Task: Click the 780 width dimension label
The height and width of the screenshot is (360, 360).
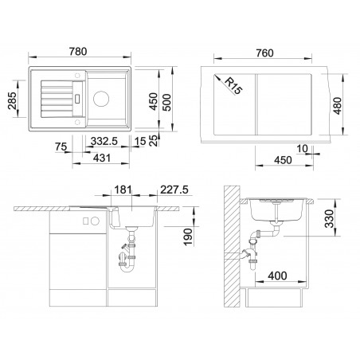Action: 78,52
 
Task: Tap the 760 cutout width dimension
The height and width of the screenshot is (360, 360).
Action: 264,53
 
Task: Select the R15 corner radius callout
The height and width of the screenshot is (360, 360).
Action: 233,86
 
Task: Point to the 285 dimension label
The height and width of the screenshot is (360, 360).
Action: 12,100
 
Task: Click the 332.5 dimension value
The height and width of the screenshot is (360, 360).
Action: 104,141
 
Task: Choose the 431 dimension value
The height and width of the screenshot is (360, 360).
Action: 102,158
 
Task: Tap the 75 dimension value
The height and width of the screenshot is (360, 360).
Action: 61,147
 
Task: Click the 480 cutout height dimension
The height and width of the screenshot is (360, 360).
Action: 337,106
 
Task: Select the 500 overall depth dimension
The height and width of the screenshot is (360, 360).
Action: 166,103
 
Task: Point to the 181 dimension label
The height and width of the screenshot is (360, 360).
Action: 123,190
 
